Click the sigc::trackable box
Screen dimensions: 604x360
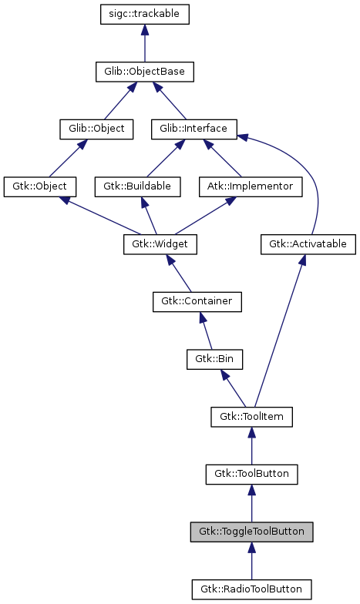click(145, 14)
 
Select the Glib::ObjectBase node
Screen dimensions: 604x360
click(145, 72)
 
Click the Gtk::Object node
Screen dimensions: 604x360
click(39, 186)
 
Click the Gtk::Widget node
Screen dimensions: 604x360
click(160, 244)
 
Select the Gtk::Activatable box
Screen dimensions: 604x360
click(308, 244)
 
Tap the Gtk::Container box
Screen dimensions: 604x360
click(197, 301)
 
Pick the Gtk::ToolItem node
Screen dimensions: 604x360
click(251, 417)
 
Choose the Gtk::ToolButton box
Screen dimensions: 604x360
click(251, 474)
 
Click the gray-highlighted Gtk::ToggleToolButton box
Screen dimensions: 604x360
click(251, 532)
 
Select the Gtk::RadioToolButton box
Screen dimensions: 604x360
click(251, 589)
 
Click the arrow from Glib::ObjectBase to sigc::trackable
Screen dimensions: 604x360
click(145, 43)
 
